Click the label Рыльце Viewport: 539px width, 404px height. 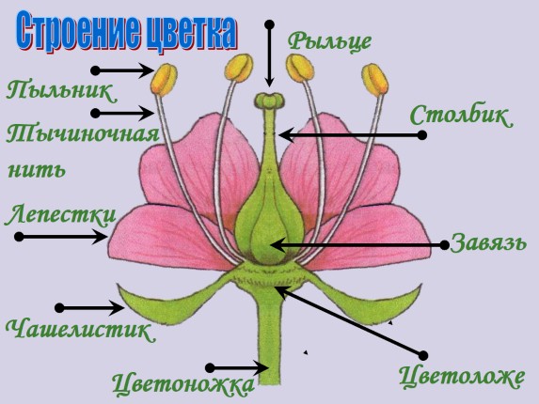(x=329, y=42)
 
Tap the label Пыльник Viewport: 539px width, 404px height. (x=61, y=90)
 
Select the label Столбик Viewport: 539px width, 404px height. (x=461, y=116)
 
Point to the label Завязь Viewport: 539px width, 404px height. (x=488, y=241)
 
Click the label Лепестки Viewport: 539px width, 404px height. (x=61, y=215)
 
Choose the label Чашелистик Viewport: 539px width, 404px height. (x=81, y=330)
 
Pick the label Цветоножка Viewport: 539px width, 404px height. (x=182, y=383)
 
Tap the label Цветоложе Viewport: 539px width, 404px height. (x=462, y=376)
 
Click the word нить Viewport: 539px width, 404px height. (x=36, y=169)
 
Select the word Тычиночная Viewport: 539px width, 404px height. (x=83, y=133)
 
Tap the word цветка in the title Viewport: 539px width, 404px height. (x=192, y=32)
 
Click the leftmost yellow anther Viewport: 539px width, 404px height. (x=164, y=80)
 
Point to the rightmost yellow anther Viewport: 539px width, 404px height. (x=375, y=80)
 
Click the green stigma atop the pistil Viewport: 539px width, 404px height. (x=269, y=101)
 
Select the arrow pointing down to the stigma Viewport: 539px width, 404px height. (x=269, y=54)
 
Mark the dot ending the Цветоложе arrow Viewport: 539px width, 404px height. (x=423, y=355)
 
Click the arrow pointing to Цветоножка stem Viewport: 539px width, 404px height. (x=237, y=368)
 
